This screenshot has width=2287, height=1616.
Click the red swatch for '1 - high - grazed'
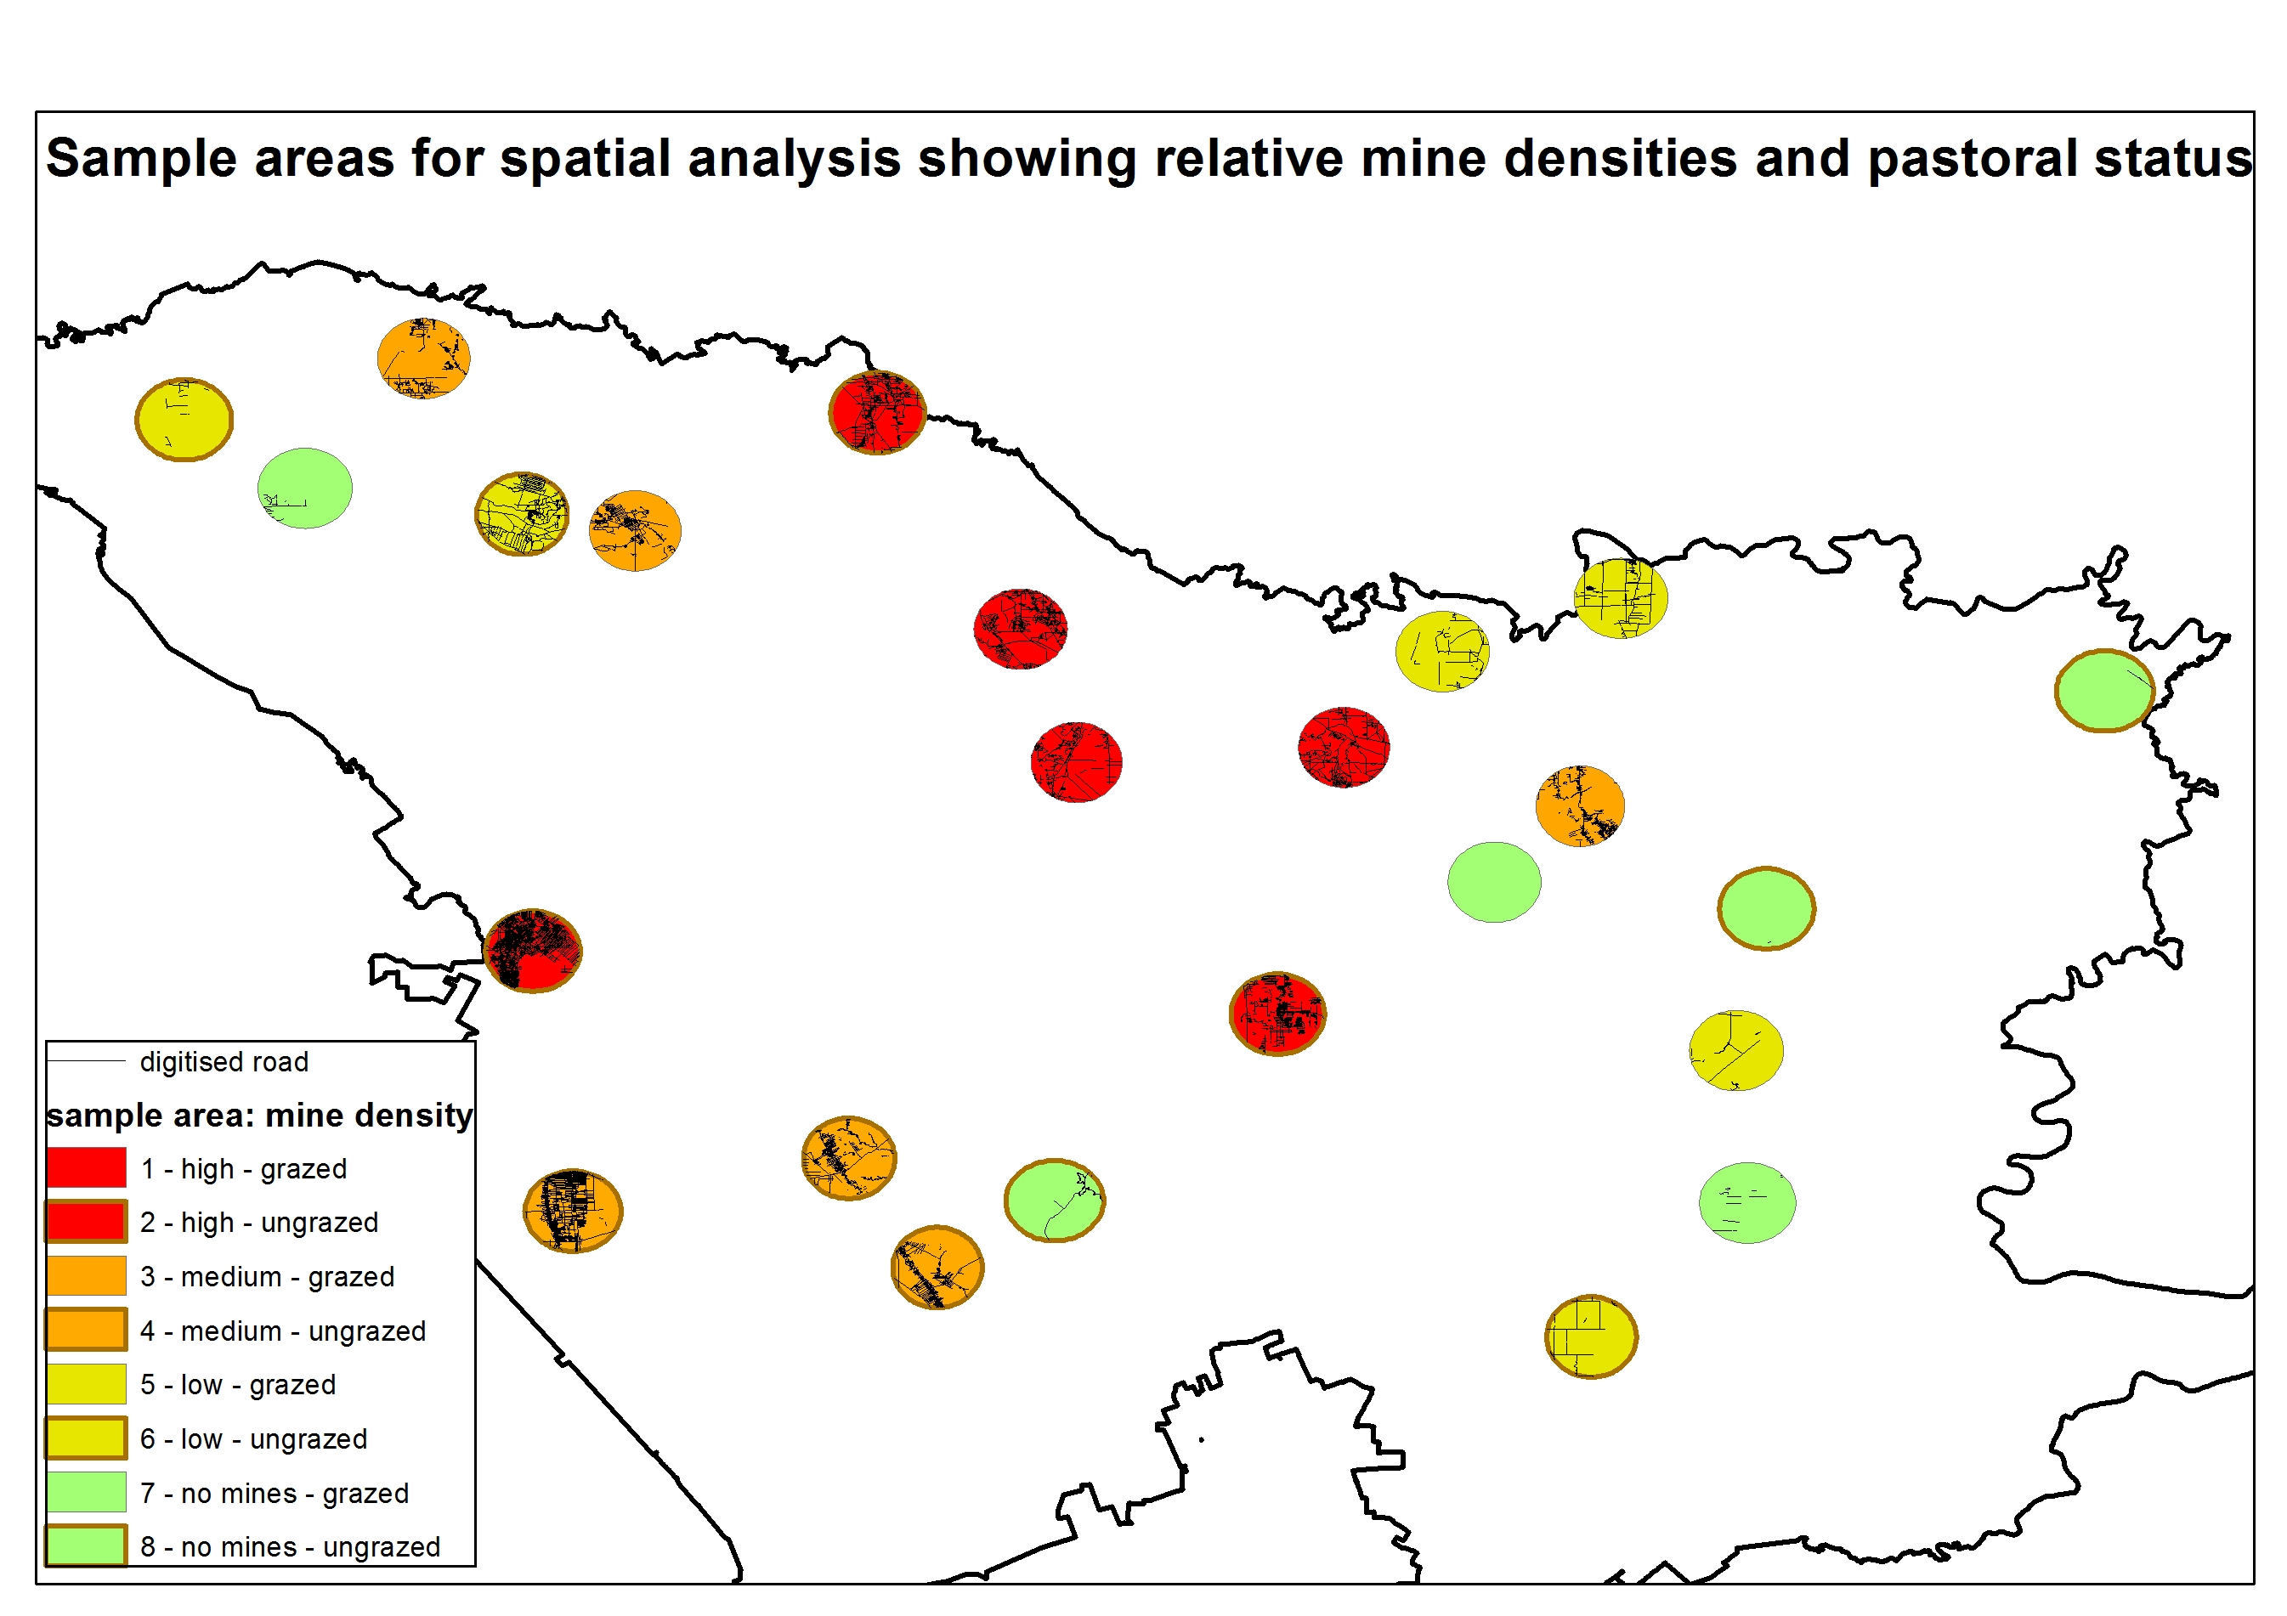pyautogui.click(x=87, y=1168)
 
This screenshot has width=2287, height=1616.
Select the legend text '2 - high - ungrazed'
pyautogui.click(x=259, y=1223)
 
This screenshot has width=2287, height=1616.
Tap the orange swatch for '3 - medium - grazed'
pyautogui.click(x=87, y=1276)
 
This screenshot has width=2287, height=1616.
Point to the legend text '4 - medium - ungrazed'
pyautogui.click(x=283, y=1331)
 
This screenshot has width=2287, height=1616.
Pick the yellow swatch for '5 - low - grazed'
pyautogui.click(x=87, y=1384)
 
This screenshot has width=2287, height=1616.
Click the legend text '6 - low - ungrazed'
pyautogui.click(x=254, y=1438)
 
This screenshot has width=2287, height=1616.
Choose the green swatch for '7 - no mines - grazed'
pyautogui.click(x=87, y=1493)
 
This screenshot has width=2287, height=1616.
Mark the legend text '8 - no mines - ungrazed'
pyautogui.click(x=290, y=1547)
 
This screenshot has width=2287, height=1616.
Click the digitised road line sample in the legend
pyautogui.click(x=87, y=1061)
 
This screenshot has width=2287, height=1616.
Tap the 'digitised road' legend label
pyautogui.click(x=224, y=1062)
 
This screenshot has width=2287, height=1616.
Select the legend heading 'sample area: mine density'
pyautogui.click(x=259, y=1116)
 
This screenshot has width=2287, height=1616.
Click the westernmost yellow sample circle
pyautogui.click(x=184, y=419)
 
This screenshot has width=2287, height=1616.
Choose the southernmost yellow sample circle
pyautogui.click(x=1591, y=1336)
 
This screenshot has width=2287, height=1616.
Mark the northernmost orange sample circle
pyautogui.click(x=423, y=359)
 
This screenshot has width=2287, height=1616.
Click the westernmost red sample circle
pyautogui.click(x=533, y=951)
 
